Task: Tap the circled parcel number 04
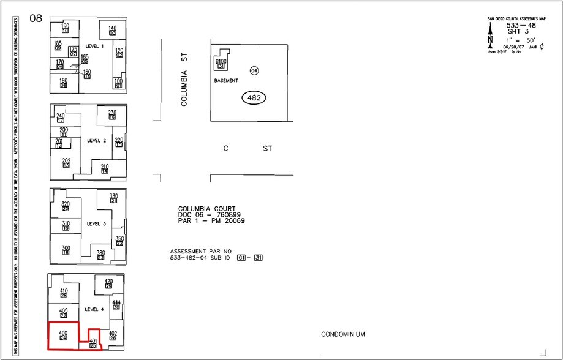click(254, 71)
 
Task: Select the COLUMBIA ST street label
click(183, 79)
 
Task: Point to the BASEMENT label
click(225, 81)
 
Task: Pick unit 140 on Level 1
click(113, 29)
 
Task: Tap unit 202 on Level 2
click(66, 162)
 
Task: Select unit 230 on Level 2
click(112, 113)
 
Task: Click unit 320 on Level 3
click(66, 205)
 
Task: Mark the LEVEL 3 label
click(97, 223)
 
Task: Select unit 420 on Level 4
click(108, 282)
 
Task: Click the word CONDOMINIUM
click(343, 334)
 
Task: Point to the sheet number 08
click(36, 18)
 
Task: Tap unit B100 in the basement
click(221, 63)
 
